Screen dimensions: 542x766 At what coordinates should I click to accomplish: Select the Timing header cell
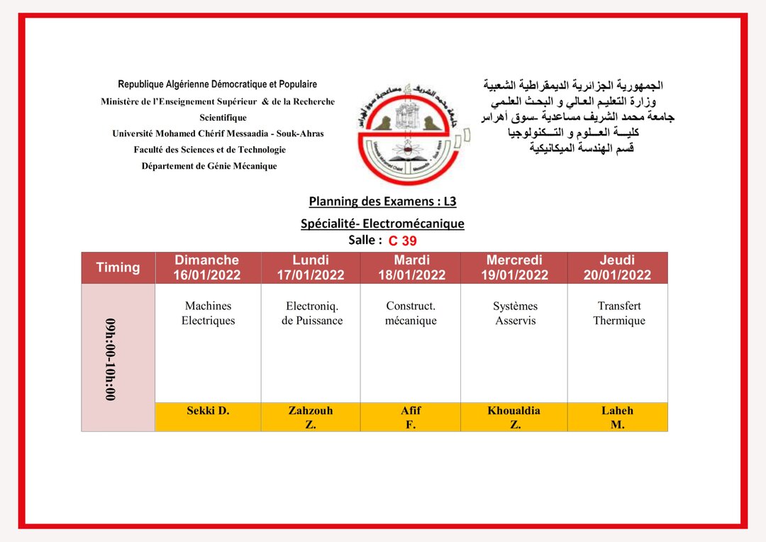point(118,267)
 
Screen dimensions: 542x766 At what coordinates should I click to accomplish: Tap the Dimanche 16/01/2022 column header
point(207,267)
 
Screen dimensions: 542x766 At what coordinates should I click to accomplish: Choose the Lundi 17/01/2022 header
point(311,267)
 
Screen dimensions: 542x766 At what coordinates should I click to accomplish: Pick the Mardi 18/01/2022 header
point(411,267)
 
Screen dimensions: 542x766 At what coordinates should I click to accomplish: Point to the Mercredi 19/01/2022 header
point(514,267)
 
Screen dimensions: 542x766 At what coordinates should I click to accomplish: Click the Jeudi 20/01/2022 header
point(617,267)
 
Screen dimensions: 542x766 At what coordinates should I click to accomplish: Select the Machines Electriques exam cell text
point(208,313)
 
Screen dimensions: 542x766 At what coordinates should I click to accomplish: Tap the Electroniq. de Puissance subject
point(311,313)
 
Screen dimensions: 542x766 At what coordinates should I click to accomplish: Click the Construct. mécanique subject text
point(411,313)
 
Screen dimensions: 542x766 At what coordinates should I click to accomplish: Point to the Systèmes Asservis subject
point(515,313)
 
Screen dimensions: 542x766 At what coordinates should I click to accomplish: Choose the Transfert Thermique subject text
point(618,313)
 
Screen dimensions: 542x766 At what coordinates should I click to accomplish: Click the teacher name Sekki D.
point(208,411)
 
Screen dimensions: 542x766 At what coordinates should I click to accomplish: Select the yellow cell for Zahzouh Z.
point(311,417)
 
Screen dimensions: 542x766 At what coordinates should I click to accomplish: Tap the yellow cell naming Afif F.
point(411,417)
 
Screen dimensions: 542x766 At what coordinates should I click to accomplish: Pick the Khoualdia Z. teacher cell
point(514,417)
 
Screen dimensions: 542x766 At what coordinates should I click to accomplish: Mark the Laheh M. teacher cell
point(617,417)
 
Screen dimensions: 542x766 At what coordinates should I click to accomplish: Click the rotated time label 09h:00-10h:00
point(111,359)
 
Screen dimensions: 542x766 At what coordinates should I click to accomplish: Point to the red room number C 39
point(402,241)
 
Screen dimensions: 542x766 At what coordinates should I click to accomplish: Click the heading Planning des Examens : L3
point(382,201)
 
